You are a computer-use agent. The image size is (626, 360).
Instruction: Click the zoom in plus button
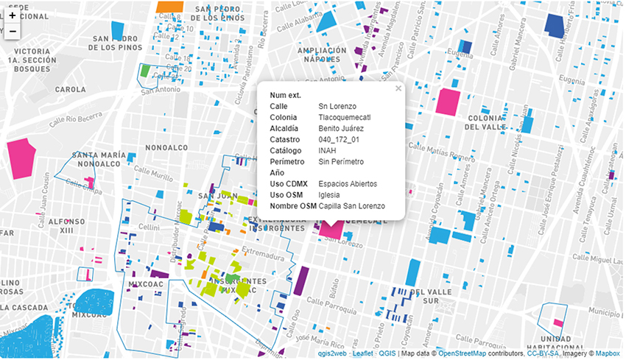tap(13, 15)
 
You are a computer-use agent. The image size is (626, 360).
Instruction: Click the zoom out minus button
tap(13, 32)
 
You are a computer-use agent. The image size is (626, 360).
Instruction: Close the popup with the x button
tap(398, 88)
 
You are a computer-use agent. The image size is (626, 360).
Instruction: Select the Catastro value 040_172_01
tap(339, 139)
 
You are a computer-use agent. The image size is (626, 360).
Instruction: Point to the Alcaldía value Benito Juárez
tap(345, 128)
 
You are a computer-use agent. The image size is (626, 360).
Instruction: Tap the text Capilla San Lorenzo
tap(351, 205)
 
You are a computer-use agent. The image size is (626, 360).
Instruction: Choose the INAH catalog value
tap(328, 150)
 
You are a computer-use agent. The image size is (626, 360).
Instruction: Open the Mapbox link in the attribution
tap(608, 353)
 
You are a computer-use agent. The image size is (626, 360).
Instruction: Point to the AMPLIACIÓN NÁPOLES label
tap(323, 54)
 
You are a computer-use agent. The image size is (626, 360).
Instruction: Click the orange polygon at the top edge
tap(170, 6)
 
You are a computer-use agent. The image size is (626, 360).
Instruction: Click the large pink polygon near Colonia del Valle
tap(447, 102)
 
